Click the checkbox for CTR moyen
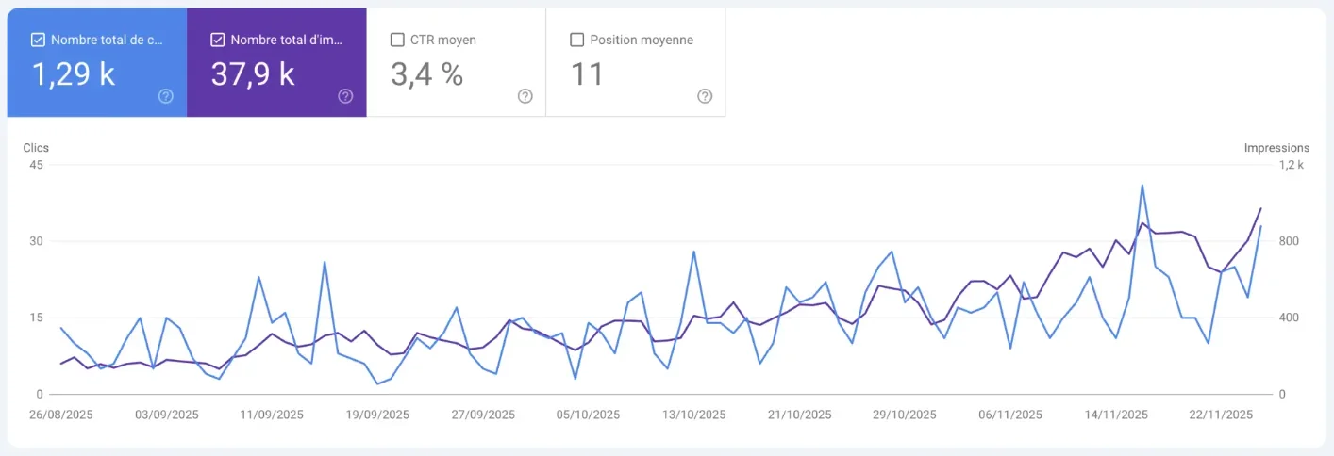pos(397,41)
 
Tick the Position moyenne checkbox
pos(576,41)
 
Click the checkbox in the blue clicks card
pos(38,41)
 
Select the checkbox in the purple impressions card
pos(218,41)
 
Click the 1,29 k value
pos(74,73)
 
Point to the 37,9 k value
pos(253,73)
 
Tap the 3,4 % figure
pos(426,73)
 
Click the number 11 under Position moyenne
pos(587,73)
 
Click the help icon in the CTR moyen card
pos(525,96)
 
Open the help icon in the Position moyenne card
pos(705,96)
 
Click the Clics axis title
pos(36,148)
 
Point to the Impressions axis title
pos(1276,148)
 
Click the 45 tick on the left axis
pos(37,165)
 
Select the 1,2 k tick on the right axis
pos(1291,165)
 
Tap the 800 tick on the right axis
pos(1289,241)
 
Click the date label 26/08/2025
pos(60,415)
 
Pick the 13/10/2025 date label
pos(693,415)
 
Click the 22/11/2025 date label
pos(1221,415)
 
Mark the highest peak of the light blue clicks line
pos(1142,186)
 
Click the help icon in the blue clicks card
pos(166,96)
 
